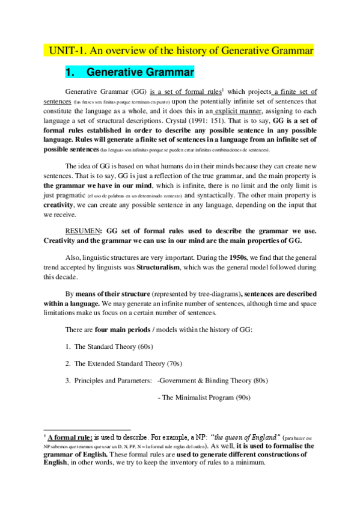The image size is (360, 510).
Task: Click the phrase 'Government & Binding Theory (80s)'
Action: [x=214, y=380]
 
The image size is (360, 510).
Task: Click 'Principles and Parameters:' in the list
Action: [x=112, y=380]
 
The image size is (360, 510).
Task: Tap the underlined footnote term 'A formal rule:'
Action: [x=70, y=437]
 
